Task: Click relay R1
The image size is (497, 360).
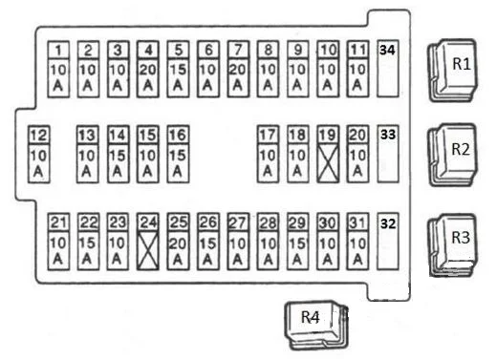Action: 453,70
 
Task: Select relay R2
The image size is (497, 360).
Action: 453,155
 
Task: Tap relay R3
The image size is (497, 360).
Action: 453,244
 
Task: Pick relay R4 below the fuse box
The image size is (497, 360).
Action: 316,326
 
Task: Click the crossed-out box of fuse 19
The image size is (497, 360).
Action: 328,163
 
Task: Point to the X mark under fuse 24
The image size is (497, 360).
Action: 148,251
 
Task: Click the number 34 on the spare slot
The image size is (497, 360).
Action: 387,50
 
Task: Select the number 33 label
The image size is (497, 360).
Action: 388,135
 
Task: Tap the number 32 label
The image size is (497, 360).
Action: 388,223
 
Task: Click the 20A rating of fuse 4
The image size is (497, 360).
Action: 148,77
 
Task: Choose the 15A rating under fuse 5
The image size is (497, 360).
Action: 178,77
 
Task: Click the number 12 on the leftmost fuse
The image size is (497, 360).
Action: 39,135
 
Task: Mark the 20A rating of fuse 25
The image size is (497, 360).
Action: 178,251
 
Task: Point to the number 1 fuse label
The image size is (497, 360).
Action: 58,50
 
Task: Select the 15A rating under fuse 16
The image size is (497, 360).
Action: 178,163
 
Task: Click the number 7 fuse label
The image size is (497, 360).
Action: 238,50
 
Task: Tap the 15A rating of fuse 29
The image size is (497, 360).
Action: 298,251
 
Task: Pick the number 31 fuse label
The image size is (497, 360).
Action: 357,222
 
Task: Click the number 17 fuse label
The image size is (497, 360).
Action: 268,135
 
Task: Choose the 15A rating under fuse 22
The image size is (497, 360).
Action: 88,251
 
